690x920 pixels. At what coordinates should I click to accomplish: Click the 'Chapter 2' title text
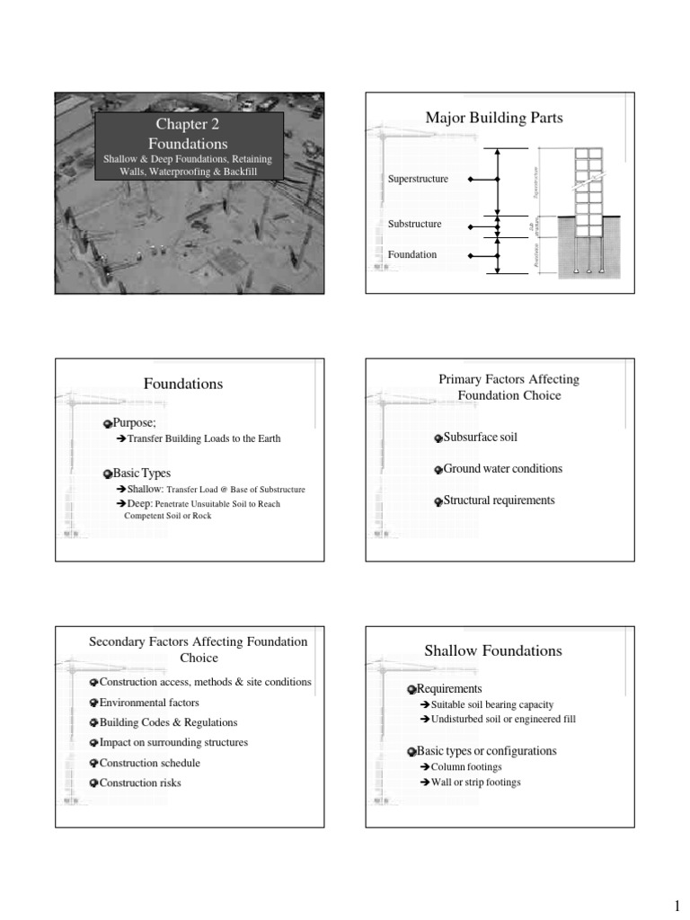point(188,125)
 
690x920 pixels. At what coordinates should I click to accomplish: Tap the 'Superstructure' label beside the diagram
point(418,180)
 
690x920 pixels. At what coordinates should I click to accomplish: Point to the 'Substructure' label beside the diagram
point(414,223)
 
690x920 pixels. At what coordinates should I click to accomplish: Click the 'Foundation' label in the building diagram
point(412,255)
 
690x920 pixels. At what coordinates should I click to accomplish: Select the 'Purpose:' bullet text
point(135,421)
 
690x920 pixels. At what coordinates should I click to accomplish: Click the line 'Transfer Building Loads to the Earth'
point(204,438)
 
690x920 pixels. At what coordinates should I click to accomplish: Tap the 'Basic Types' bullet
point(141,473)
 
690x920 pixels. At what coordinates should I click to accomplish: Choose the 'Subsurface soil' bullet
point(481,438)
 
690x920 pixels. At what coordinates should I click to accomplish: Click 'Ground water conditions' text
point(503,469)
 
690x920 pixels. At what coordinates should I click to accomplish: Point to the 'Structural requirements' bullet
point(500,500)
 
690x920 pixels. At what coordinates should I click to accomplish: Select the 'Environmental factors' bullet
point(149,703)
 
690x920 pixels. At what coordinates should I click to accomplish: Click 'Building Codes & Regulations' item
point(168,722)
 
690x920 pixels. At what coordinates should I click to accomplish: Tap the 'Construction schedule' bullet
point(149,763)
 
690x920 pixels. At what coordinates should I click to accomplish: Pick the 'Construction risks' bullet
point(140,783)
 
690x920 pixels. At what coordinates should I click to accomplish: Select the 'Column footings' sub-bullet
point(466,767)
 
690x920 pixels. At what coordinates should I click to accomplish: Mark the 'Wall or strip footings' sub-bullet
point(475,783)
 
